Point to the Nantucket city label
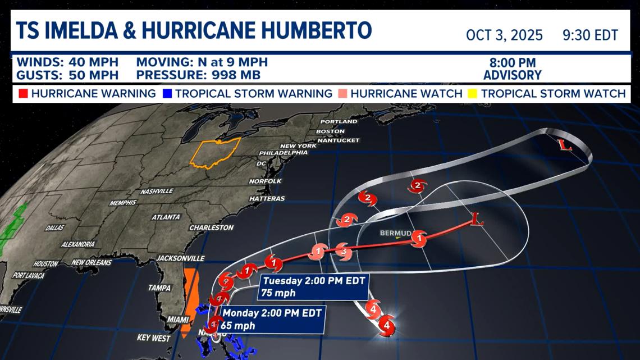pos(338,140)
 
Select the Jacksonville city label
pos(180,258)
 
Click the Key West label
pos(153,338)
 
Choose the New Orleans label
pos(92,262)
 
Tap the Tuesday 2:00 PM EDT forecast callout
pos(314,286)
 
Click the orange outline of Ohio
pos(215,152)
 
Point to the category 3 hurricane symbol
pos(344,253)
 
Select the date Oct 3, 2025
pos(504,35)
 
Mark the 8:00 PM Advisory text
pos(512,69)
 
